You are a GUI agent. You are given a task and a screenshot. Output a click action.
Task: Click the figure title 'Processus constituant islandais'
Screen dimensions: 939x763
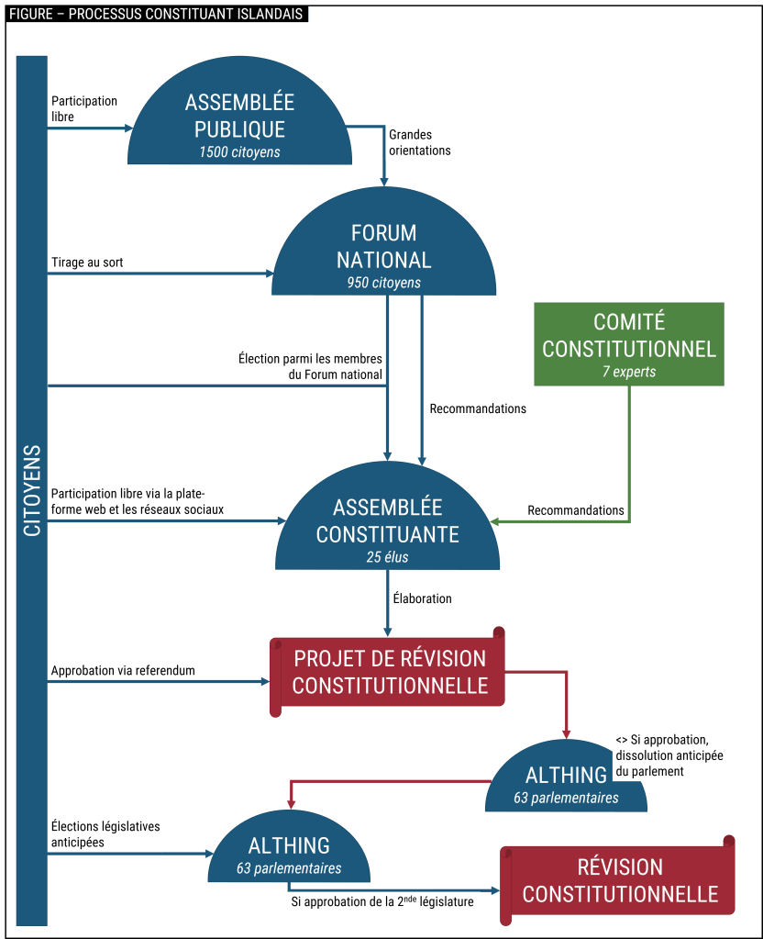point(155,16)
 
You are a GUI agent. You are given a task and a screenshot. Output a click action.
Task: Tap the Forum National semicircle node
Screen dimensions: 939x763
point(383,248)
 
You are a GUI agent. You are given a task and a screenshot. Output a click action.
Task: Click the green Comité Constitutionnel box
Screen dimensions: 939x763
point(629,344)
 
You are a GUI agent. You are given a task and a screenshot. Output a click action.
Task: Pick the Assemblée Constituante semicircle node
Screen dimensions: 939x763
point(387,523)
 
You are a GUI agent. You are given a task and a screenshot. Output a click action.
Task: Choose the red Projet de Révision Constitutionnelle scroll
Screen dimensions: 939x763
point(389,673)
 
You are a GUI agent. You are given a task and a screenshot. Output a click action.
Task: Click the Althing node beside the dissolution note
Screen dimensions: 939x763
point(566,780)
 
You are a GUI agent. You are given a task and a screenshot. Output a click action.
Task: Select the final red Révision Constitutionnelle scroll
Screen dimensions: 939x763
point(620,880)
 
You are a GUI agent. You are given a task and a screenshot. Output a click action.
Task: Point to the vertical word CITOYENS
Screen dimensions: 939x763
point(32,490)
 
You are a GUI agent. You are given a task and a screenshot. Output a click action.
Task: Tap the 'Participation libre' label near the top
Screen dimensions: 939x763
point(84,108)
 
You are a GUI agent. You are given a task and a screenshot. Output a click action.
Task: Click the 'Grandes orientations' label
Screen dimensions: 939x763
point(420,142)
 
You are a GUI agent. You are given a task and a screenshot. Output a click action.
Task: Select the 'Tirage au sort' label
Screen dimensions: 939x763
point(88,263)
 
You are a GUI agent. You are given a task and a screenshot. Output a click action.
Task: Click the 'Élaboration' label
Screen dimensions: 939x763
point(422,598)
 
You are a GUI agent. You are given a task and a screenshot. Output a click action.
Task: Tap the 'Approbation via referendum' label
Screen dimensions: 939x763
point(123,670)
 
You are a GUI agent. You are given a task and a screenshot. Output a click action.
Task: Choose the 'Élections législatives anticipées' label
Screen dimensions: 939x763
point(105,833)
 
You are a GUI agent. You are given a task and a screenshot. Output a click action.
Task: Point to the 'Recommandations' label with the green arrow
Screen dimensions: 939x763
point(576,510)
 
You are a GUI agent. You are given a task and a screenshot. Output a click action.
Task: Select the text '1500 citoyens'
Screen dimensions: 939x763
point(239,151)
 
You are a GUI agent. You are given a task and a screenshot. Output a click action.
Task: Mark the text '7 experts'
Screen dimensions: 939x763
point(629,372)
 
